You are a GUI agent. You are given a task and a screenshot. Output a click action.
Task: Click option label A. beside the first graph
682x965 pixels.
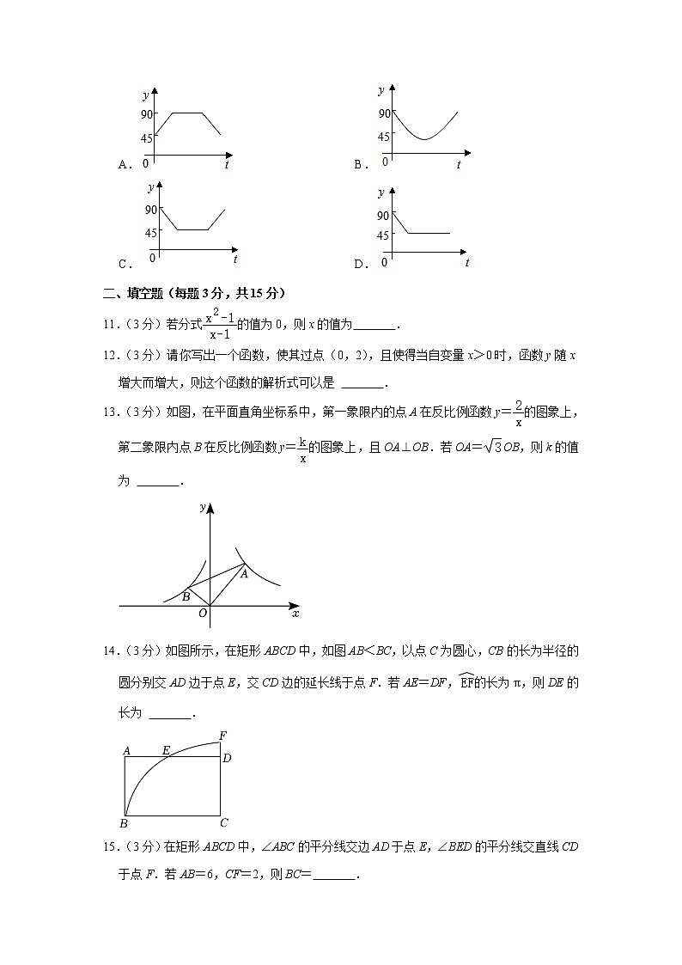tap(124, 164)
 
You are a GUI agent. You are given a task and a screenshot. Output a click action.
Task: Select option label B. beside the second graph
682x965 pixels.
tap(362, 164)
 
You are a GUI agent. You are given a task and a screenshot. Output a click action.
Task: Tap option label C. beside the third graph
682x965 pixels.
tap(125, 264)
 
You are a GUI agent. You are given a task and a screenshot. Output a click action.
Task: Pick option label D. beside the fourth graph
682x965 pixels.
tap(362, 264)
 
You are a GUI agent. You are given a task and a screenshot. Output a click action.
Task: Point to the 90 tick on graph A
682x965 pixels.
tap(147, 113)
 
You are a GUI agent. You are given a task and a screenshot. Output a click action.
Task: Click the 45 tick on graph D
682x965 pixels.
tap(383, 235)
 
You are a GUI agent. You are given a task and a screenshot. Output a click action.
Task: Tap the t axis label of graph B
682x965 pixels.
tap(459, 164)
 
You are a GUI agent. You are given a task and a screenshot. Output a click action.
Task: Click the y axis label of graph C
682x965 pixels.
tap(151, 186)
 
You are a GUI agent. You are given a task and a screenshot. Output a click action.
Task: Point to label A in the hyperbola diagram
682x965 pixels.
tap(244, 574)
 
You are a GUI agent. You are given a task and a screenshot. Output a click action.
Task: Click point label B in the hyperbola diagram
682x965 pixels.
tap(186, 595)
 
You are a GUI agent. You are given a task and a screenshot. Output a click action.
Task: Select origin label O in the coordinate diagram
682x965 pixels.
tap(203, 613)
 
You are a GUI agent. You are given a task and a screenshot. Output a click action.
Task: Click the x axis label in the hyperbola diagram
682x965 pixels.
tap(295, 614)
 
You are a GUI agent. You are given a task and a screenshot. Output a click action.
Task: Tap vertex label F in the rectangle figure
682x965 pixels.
tap(223, 735)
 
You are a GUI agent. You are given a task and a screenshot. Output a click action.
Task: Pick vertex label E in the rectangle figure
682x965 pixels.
tap(166, 750)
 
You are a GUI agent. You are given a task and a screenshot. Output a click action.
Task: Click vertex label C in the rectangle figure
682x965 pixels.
tap(224, 822)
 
